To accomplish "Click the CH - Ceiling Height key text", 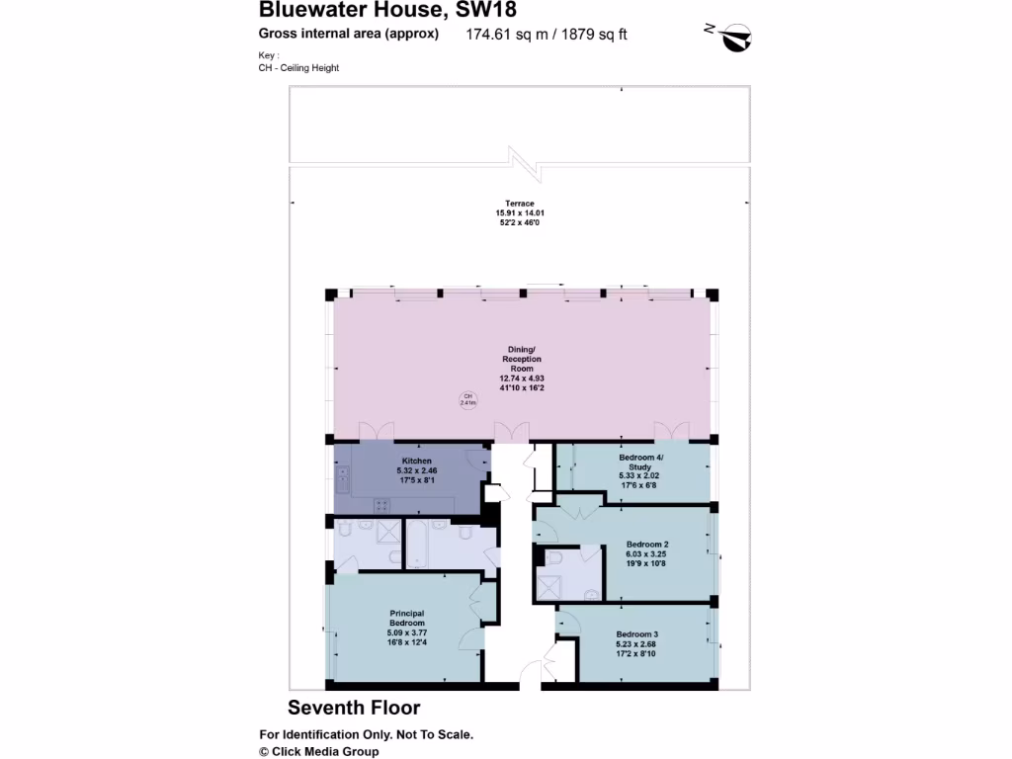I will click(298, 68).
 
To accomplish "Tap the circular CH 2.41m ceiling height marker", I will click(466, 400).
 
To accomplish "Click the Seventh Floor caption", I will click(354, 708).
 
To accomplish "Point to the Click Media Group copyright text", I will click(318, 751).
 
